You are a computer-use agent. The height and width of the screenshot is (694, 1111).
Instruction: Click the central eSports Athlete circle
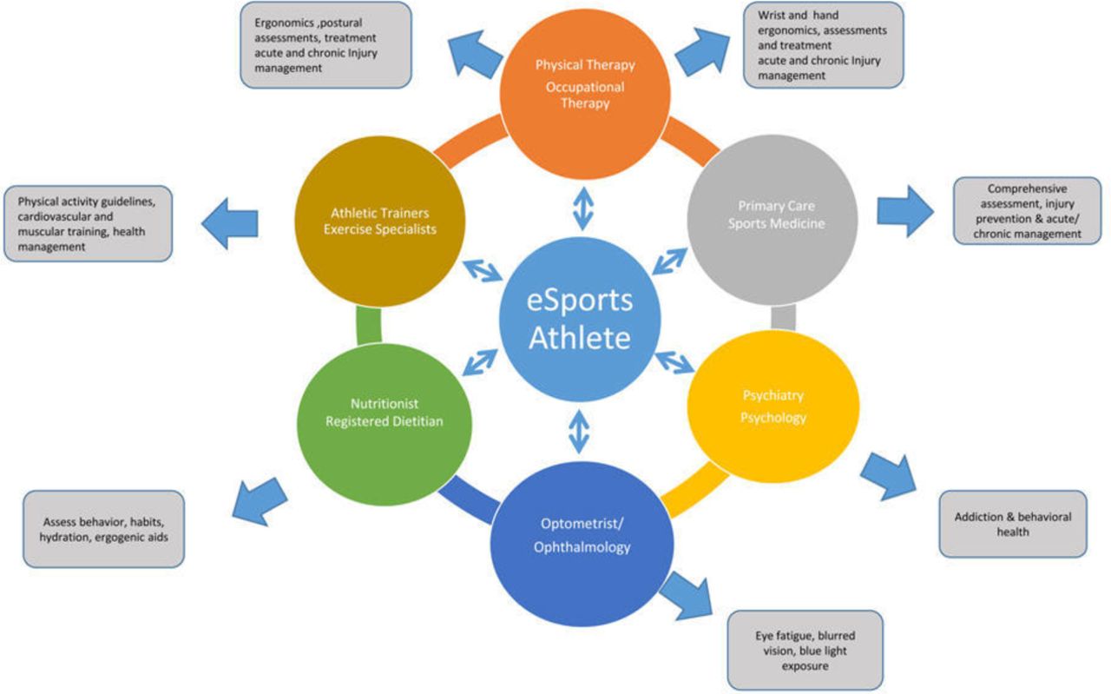[x=580, y=320]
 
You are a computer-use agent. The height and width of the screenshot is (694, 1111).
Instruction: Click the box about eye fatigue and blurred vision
[x=805, y=650]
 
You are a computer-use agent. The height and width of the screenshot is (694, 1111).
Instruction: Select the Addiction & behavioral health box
[x=1013, y=523]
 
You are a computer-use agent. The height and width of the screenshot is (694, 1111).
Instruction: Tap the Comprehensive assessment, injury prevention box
[x=1026, y=211]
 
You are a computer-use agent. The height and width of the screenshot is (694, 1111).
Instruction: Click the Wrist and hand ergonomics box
[x=823, y=44]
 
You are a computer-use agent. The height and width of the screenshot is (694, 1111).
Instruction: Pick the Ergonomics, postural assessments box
[x=325, y=44]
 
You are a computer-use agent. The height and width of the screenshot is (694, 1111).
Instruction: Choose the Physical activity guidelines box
[x=88, y=223]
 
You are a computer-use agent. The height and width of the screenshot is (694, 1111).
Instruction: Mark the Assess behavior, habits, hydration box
[x=103, y=529]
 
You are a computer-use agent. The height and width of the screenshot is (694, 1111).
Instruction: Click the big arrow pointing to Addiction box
[x=888, y=473]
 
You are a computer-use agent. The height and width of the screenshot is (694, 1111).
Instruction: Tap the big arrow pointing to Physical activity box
[x=230, y=223]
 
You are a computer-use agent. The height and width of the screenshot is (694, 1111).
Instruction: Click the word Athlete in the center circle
[x=580, y=337]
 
